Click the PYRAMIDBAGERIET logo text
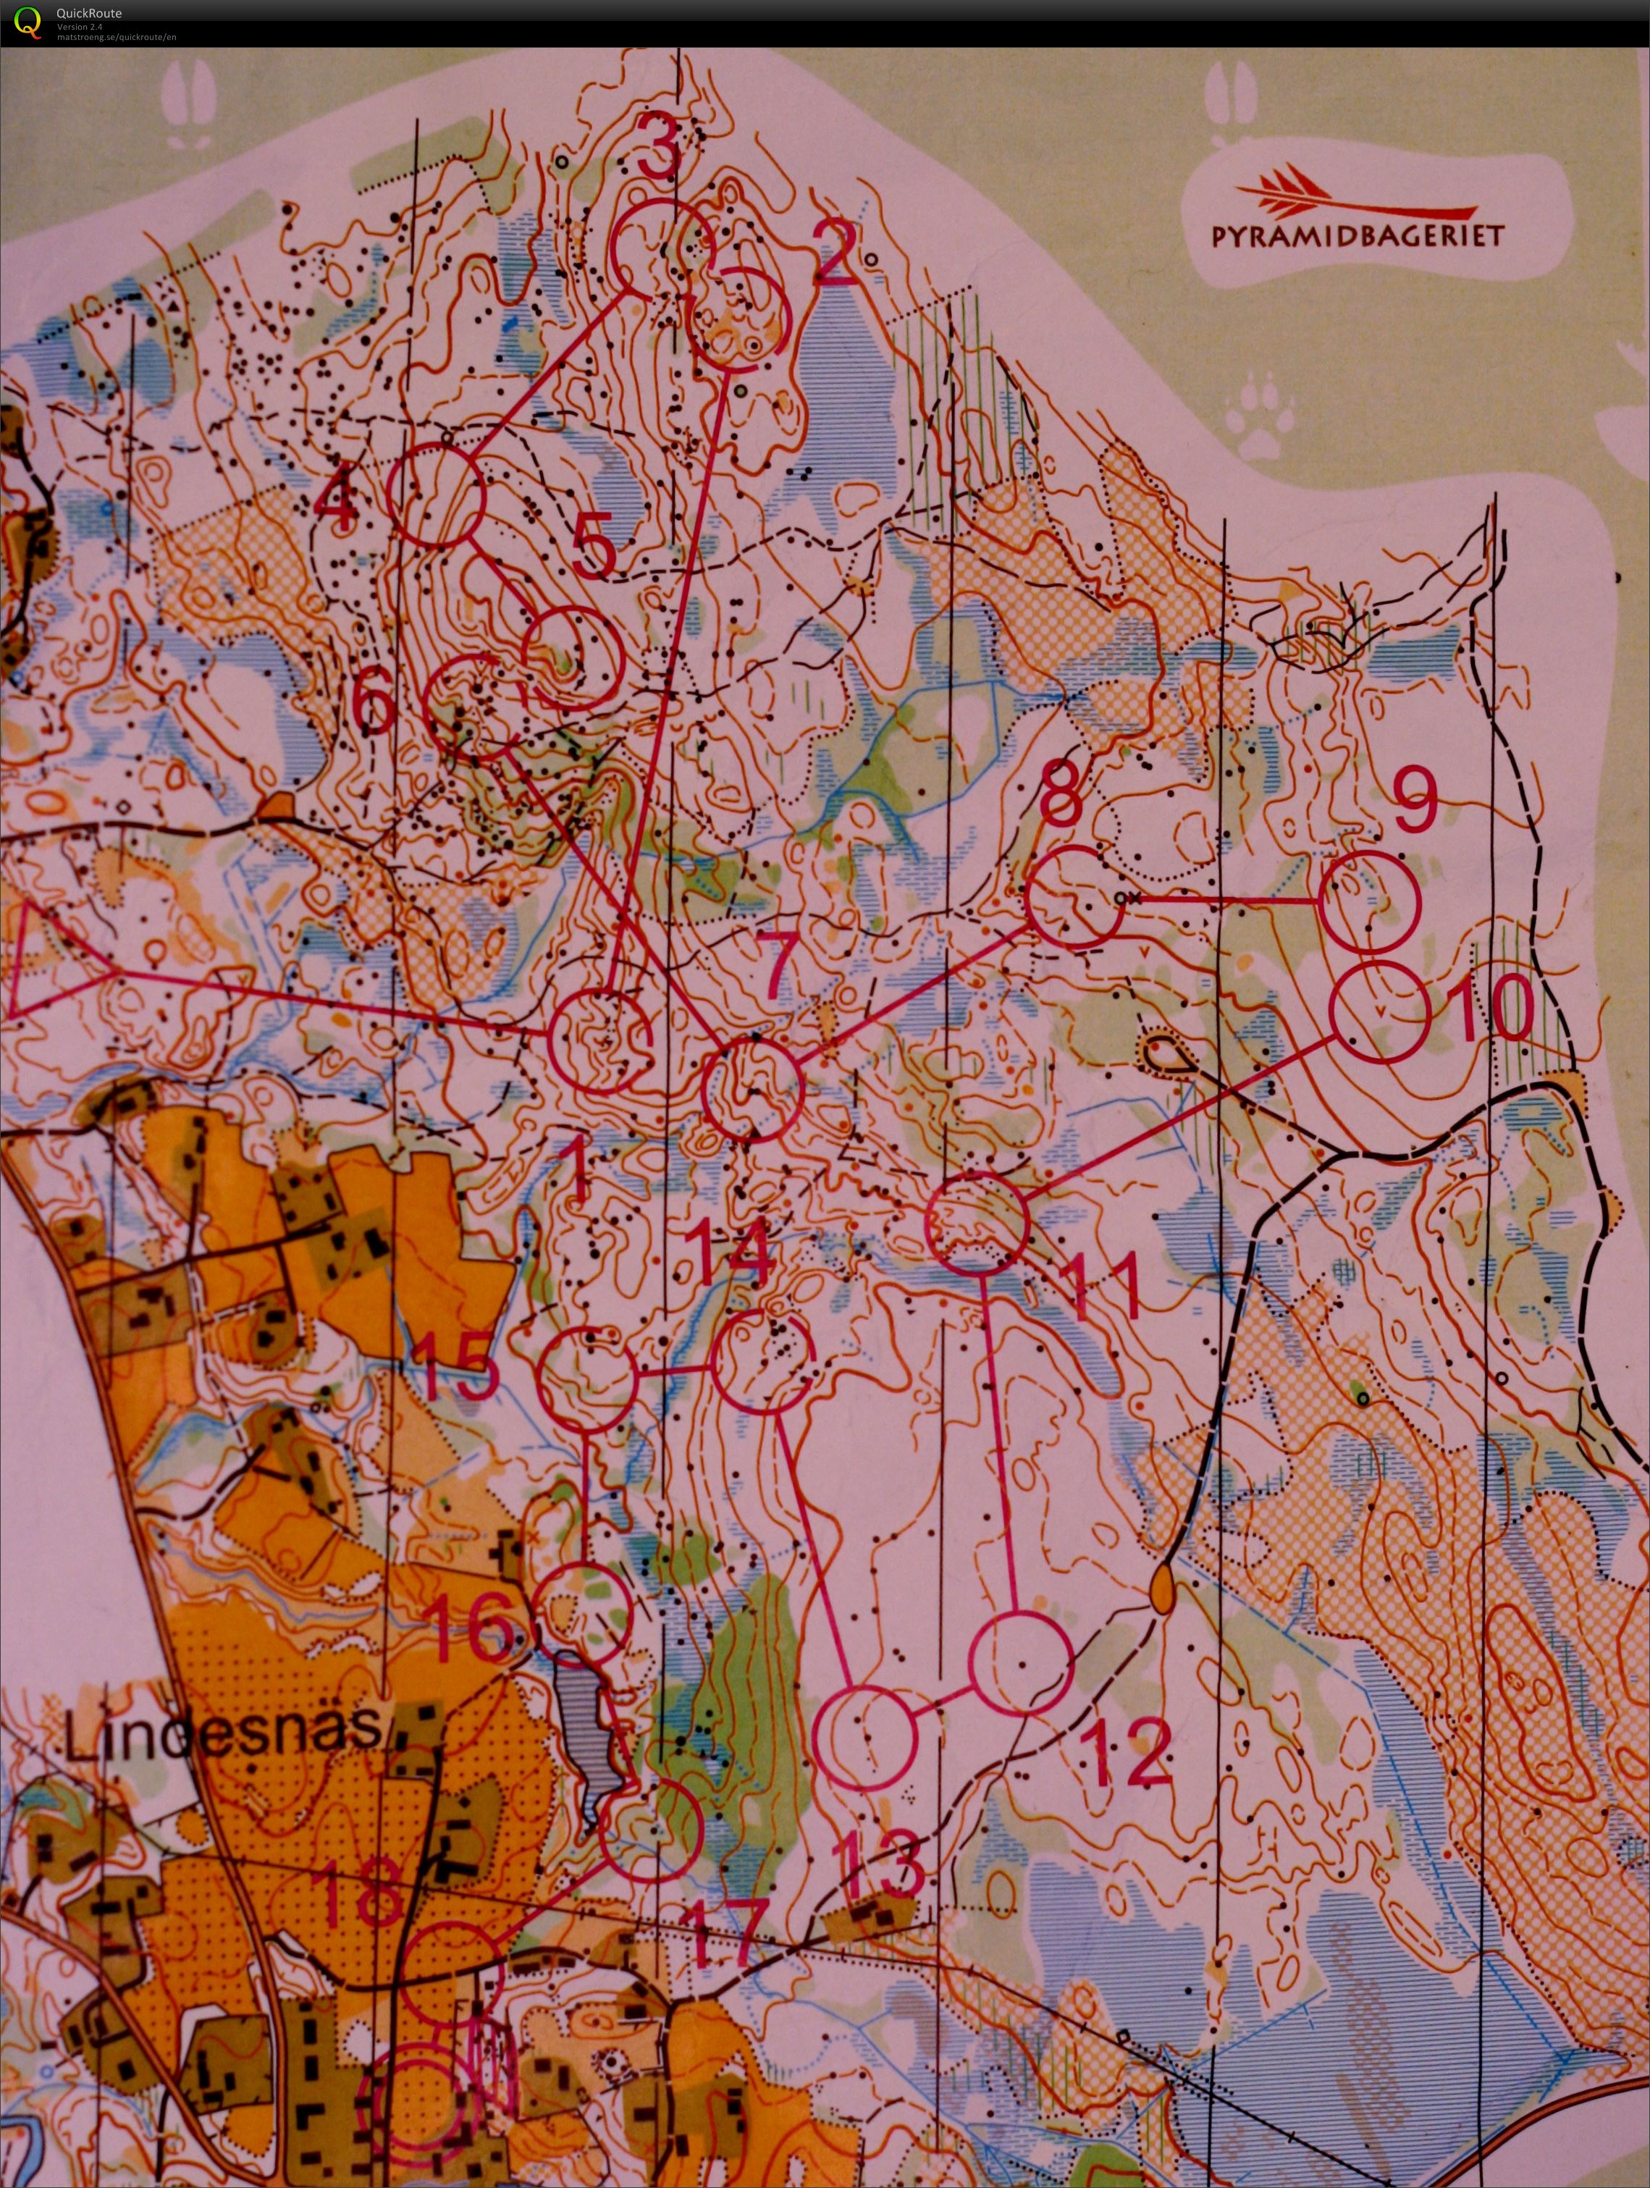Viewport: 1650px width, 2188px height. coord(1358,235)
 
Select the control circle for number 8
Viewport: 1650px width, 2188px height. coord(1073,899)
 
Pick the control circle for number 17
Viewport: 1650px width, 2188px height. coord(651,1830)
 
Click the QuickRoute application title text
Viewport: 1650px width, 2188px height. coord(89,14)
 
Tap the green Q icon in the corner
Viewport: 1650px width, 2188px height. coord(30,21)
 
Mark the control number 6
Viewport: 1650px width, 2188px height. coord(374,703)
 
